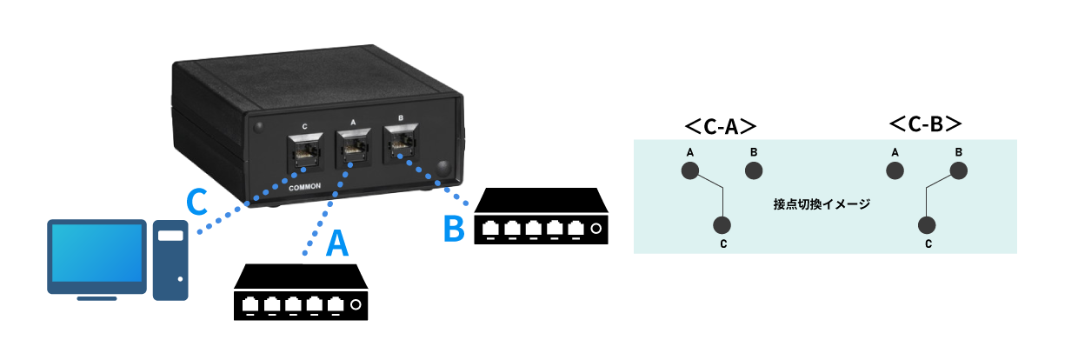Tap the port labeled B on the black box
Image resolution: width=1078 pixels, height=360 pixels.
click(x=400, y=144)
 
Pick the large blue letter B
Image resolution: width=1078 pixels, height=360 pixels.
click(x=455, y=229)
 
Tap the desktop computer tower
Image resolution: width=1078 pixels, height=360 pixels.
click(x=171, y=260)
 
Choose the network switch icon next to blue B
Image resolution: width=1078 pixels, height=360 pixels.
click(x=539, y=218)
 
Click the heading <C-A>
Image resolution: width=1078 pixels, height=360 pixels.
click(x=719, y=125)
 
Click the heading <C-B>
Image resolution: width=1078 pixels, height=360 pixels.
click(x=924, y=125)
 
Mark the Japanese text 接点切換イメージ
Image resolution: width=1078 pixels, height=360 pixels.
click(x=822, y=204)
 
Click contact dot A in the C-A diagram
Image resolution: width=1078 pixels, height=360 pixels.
click(x=689, y=171)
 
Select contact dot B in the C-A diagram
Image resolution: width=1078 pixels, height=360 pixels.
click(x=753, y=171)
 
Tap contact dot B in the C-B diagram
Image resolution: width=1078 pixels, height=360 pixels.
click(x=958, y=171)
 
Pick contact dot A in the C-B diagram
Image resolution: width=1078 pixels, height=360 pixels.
click(x=895, y=171)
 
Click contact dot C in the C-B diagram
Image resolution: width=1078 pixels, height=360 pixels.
click(x=928, y=225)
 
